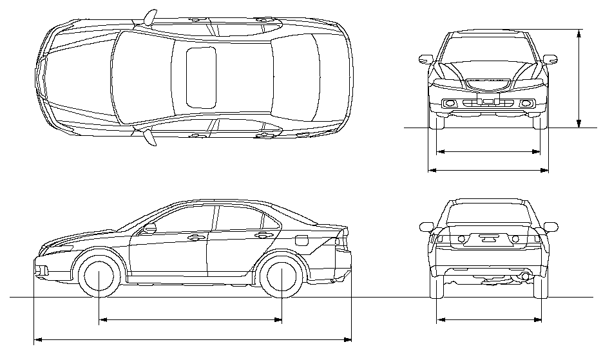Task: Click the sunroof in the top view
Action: pyautogui.click(x=201, y=77)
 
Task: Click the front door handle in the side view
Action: pyautogui.click(x=193, y=238)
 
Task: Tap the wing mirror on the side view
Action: pyautogui.click(x=150, y=227)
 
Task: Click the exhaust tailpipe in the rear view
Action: pyautogui.click(x=526, y=276)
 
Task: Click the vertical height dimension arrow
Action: pyautogui.click(x=579, y=77)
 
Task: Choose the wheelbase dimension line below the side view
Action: pyautogui.click(x=190, y=319)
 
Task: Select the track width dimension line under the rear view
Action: pyautogui.click(x=488, y=319)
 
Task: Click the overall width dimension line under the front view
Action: pyautogui.click(x=488, y=171)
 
